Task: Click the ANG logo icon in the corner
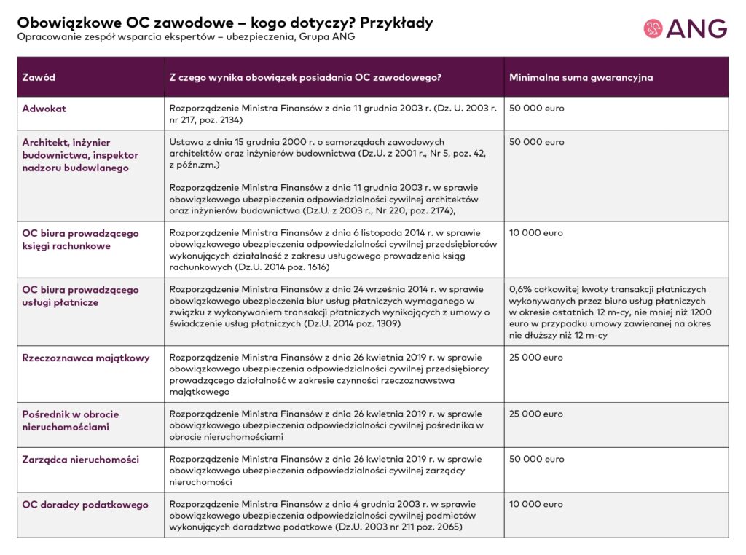click(x=653, y=28)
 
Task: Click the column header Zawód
click(x=39, y=77)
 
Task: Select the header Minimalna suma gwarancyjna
click(x=581, y=77)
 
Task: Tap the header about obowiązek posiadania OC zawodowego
click(x=305, y=77)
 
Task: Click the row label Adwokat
click(x=44, y=109)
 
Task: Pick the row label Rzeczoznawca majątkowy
click(x=86, y=358)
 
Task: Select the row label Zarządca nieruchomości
click(x=80, y=460)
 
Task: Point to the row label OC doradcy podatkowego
click(x=85, y=505)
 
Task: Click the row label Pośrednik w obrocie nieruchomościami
click(x=71, y=420)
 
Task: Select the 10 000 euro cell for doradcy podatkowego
click(x=536, y=505)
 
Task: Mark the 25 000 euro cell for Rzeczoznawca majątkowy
click(x=536, y=358)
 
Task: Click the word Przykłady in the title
click(x=396, y=23)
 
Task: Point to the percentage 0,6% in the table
click(x=522, y=290)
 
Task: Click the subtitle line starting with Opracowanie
click(x=186, y=37)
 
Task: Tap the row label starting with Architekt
click(x=80, y=155)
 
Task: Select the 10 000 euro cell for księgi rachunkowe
click(x=536, y=234)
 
